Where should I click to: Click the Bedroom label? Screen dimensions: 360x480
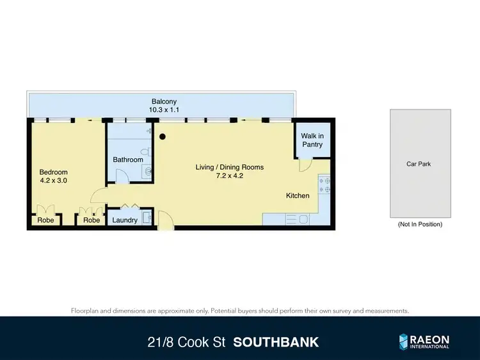53,172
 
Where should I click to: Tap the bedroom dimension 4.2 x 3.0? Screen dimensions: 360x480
53,181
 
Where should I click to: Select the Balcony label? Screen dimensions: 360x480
164,101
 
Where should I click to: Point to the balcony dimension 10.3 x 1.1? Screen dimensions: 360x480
164,110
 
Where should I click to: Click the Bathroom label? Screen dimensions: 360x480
128,160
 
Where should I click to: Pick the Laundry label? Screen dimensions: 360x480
124,220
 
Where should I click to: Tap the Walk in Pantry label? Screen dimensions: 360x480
312,140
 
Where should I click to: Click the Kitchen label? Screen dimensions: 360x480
298,195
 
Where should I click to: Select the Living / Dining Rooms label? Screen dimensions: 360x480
230,167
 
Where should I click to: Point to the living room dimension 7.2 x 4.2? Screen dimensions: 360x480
230,176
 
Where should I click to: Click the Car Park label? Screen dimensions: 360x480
419,164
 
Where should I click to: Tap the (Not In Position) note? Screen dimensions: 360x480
420,224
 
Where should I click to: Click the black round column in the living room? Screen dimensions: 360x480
163,136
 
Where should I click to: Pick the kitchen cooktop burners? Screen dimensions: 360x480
324,185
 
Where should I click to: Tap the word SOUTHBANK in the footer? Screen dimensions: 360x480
276,342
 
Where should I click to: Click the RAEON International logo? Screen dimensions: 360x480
424,341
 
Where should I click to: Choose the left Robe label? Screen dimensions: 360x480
45,220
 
